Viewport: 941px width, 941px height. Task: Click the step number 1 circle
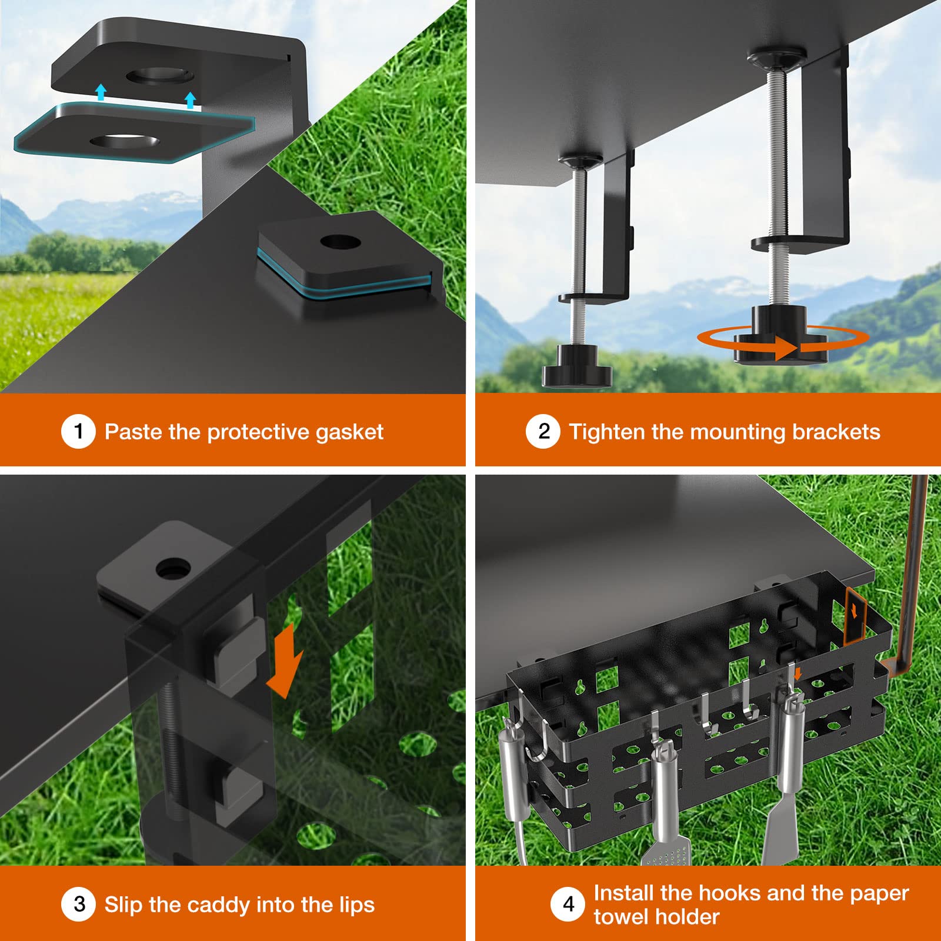pos(78,431)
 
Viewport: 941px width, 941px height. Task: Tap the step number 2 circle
pos(543,431)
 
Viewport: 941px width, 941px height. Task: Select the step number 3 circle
pos(78,904)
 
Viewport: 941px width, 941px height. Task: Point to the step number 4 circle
pos(568,904)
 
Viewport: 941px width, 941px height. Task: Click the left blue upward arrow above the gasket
pos(101,92)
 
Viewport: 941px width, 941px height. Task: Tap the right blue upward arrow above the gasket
pos(189,100)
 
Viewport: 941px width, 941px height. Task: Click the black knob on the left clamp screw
pos(576,368)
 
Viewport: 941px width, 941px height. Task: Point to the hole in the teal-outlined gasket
pos(124,142)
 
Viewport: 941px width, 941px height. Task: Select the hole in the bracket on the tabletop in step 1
pos(340,242)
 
